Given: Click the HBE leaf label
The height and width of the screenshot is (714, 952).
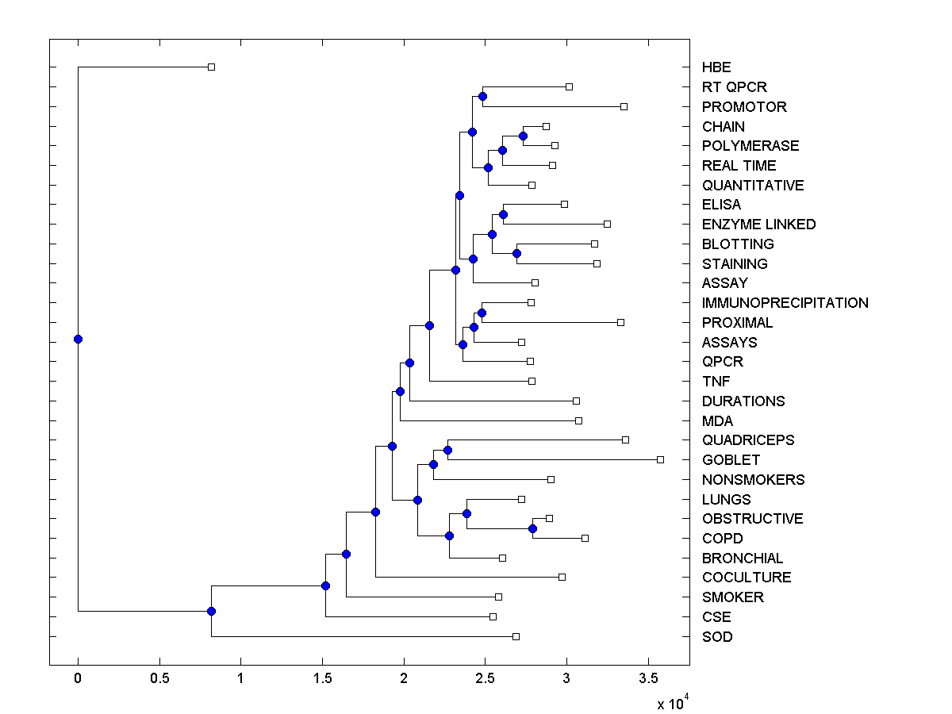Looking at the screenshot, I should tap(716, 67).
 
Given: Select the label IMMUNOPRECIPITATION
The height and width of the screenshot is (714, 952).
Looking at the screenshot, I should tap(785, 303).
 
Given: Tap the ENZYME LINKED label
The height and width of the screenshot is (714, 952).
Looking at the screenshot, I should tap(758, 225).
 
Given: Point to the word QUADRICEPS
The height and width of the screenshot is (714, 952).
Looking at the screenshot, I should tap(748, 440).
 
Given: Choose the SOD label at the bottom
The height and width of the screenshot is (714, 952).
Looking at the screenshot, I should tap(717, 637).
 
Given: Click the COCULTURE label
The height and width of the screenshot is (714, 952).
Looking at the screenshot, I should tap(747, 578).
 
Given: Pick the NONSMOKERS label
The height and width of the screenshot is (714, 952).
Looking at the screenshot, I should tap(753, 480).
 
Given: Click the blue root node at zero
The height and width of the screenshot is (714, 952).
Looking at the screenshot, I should tap(78, 339).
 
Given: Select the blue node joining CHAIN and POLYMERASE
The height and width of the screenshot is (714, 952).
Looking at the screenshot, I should tap(523, 136).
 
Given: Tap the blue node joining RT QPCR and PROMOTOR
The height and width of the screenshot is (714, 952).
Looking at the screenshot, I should tap(482, 96).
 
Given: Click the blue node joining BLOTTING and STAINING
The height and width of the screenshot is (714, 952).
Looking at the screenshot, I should tap(516, 253).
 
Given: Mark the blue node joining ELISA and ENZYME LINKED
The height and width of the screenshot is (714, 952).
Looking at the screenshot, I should tap(503, 214).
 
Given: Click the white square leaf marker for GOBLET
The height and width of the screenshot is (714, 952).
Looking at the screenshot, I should tap(660, 459).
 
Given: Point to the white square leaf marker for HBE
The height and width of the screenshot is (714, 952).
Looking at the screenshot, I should tap(211, 67).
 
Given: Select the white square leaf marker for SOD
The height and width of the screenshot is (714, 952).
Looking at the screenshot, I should tap(516, 636).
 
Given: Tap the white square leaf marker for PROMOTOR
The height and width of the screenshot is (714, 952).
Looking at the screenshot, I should tap(624, 106).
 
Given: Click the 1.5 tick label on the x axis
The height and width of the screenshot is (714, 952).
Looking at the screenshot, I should tap(322, 678).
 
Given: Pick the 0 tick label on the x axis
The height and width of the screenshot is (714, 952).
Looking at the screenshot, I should tap(78, 678).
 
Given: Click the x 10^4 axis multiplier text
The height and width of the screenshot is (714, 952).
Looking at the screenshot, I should tap(670, 702).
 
